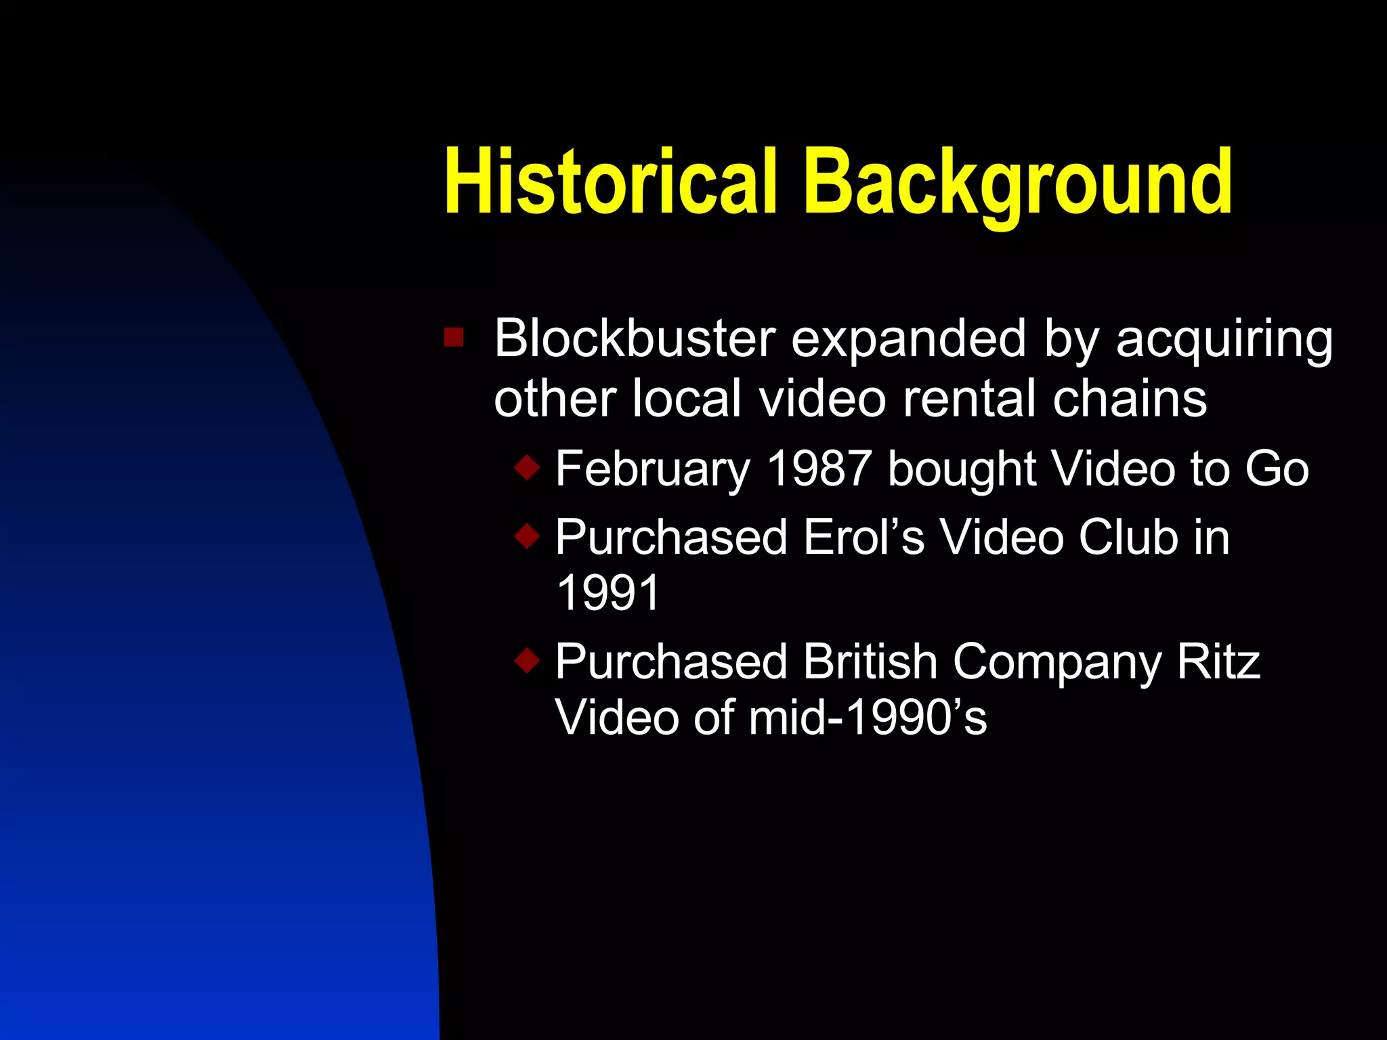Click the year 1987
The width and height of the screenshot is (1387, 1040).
(x=819, y=468)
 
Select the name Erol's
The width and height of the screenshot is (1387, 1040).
(x=863, y=537)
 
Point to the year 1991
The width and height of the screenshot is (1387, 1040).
(x=607, y=593)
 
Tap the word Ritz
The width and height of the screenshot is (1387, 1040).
(x=1218, y=661)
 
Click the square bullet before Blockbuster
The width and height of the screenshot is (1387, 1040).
(x=454, y=337)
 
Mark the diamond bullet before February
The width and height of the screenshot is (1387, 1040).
(x=527, y=467)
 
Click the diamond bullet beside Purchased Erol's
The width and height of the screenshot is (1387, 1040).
(x=527, y=536)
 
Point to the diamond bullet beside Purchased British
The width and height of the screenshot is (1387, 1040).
(x=527, y=660)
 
